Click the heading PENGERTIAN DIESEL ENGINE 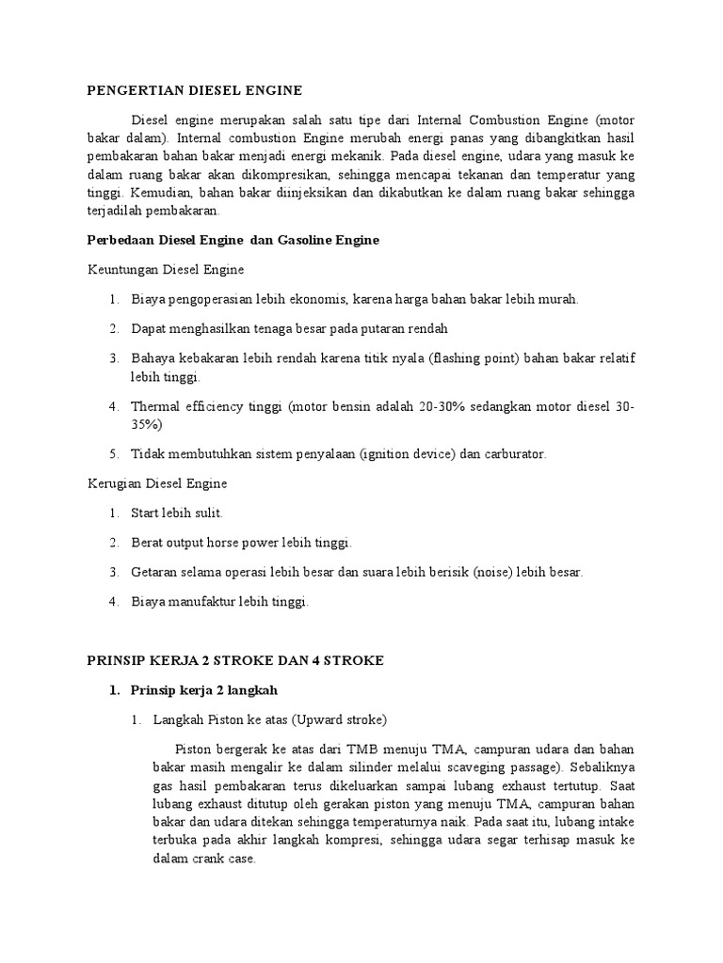pos(194,90)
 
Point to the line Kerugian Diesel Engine pos(157,483)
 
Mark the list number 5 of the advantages pos(112,454)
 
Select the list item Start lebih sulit pos(176,513)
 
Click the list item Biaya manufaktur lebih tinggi pos(219,602)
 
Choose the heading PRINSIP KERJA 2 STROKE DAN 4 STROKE pos(235,661)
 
